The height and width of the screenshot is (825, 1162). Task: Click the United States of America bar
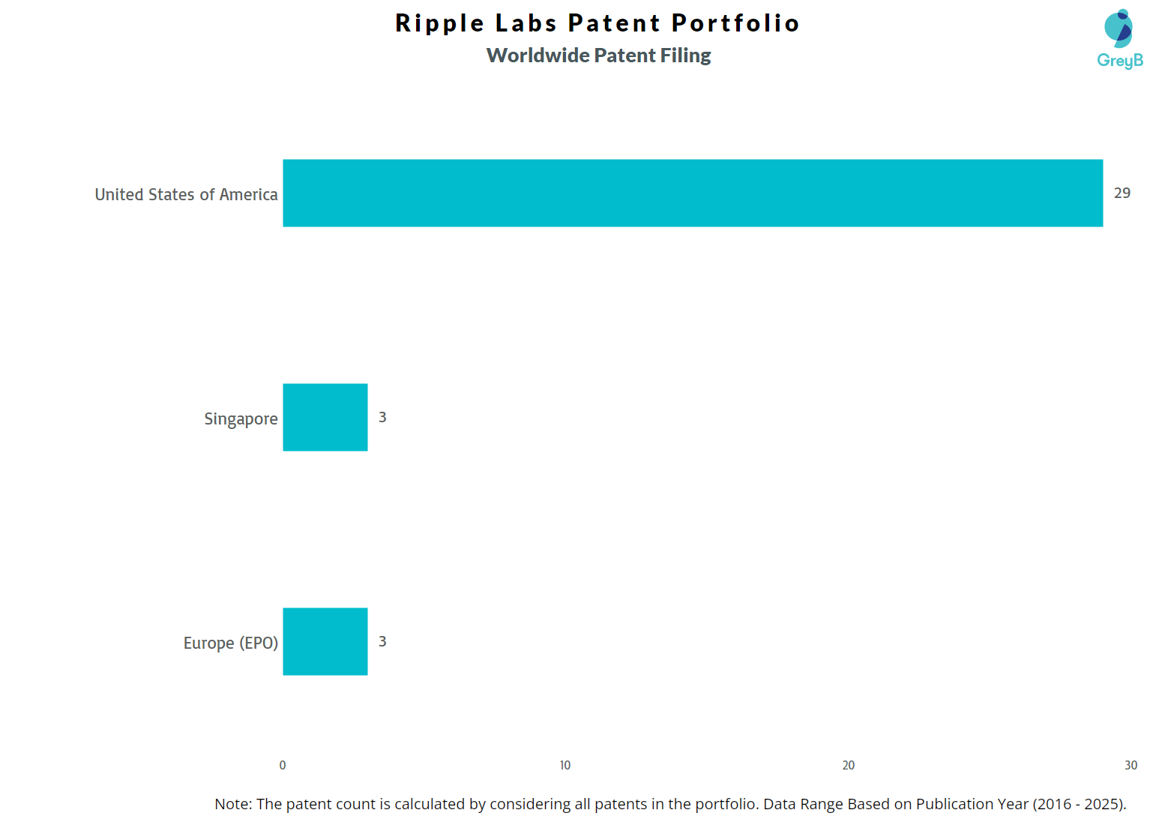coord(693,193)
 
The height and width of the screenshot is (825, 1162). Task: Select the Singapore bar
coord(325,417)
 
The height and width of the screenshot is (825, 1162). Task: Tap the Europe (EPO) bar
coord(325,641)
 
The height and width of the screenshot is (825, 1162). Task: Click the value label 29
coord(1122,193)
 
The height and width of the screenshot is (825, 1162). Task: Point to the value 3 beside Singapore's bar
coord(382,417)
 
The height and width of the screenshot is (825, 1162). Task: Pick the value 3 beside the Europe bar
coord(382,641)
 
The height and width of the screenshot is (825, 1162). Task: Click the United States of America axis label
coord(186,194)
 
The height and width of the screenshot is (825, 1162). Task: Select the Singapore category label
coord(241,418)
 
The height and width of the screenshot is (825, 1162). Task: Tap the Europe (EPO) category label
coord(230,643)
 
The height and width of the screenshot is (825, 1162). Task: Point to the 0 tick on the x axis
coord(282,765)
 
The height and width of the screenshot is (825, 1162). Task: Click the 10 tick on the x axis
coord(565,765)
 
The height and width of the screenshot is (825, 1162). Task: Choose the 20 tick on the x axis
coord(848,765)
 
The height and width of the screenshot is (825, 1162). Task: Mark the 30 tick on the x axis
coord(1131,765)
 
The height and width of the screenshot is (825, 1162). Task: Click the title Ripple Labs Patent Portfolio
coord(597,22)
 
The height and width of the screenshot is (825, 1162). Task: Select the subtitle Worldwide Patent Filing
coord(598,55)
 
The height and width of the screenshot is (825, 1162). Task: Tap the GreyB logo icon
coord(1119,28)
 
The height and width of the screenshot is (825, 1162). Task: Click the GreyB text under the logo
coord(1120,61)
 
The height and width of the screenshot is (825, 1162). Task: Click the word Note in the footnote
coord(233,804)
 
